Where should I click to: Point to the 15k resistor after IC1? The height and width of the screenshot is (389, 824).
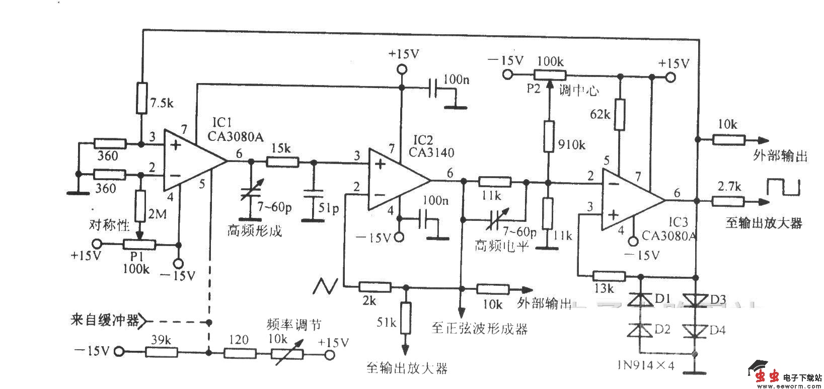pos(282,162)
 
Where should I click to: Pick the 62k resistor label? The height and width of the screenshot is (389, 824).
pos(601,114)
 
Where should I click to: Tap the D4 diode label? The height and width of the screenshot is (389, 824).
pos(716,331)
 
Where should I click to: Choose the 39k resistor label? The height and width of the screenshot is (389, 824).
pos(160,340)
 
